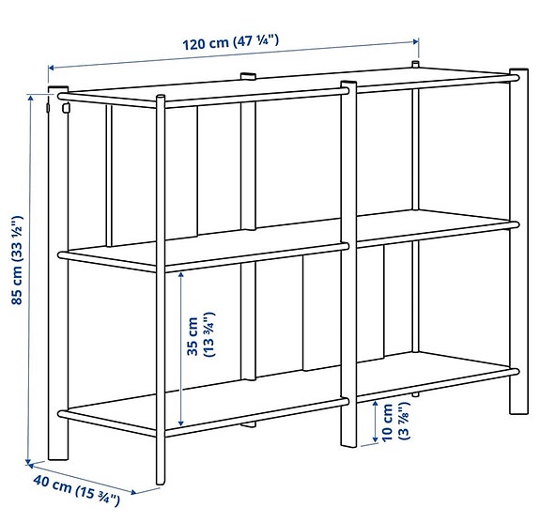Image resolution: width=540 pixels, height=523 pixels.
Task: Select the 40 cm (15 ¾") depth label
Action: point(78,492)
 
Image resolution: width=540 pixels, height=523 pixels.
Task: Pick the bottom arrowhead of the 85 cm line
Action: point(29,460)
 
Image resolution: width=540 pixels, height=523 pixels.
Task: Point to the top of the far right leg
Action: point(518,72)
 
